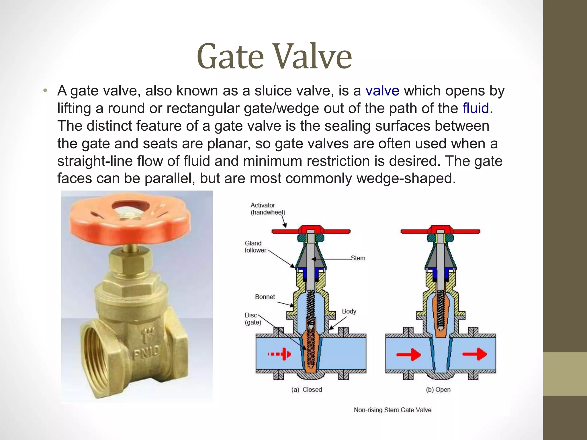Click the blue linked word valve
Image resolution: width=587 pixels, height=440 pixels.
point(382,91)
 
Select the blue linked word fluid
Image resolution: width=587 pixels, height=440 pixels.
point(476,108)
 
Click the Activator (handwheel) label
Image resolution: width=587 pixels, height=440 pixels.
point(268,209)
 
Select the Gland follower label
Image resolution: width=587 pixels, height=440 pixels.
point(255,247)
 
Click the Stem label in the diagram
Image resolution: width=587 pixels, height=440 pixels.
point(358,258)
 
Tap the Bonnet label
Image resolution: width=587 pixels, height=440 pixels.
point(265,297)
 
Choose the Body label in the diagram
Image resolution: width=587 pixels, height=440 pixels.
point(349,311)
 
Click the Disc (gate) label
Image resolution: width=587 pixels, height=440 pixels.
point(253,319)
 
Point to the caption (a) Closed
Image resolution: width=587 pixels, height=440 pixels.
point(306,390)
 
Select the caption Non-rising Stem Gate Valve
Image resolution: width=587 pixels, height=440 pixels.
point(392,410)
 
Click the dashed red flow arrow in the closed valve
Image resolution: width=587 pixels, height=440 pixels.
point(279,354)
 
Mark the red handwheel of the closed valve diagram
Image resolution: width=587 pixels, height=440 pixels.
point(311,231)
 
